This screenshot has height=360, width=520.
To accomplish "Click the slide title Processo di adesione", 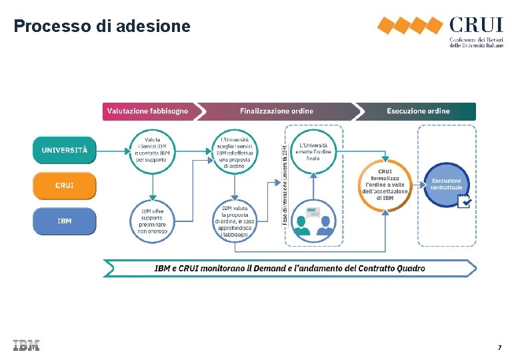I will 102,26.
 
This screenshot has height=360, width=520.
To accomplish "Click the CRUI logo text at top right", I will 476,26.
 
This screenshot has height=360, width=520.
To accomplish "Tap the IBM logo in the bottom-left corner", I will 26,345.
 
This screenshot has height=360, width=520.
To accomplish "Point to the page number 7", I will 499,348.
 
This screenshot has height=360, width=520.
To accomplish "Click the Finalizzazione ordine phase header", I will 276,111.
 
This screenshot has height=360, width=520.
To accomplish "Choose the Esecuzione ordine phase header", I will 417,111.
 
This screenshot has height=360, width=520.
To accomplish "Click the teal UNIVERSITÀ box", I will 65,150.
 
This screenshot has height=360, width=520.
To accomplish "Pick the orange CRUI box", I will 65,185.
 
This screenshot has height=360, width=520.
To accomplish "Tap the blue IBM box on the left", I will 65,221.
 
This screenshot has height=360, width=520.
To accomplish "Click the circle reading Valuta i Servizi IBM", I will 153,150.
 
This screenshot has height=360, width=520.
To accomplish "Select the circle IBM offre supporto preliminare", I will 153,221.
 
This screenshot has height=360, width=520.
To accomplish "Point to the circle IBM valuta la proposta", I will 235,221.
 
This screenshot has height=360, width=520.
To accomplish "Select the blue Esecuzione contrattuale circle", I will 446,185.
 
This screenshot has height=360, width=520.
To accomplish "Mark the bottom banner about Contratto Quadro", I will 289,269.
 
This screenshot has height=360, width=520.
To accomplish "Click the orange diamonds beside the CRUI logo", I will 409,26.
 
